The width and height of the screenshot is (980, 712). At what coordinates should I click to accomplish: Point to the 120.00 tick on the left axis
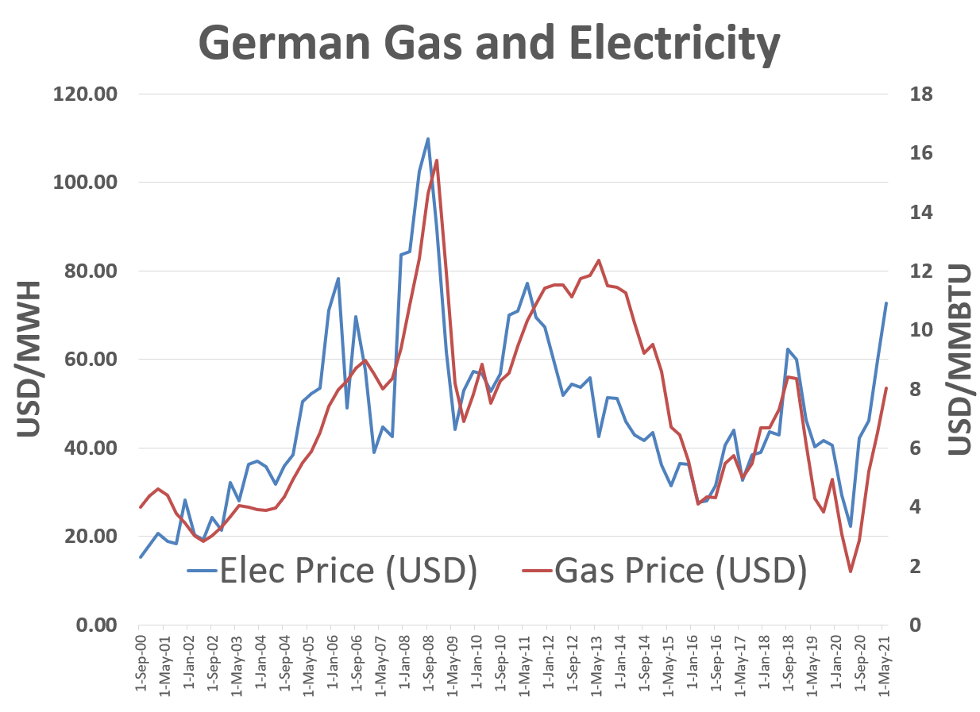click(x=84, y=94)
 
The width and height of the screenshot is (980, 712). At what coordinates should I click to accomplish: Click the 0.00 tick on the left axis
click(x=95, y=625)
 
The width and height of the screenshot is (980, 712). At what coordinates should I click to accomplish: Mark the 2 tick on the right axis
click(x=916, y=566)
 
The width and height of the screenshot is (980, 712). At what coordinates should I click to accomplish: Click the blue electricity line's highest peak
click(x=428, y=139)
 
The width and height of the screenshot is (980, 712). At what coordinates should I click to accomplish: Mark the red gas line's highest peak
click(x=437, y=160)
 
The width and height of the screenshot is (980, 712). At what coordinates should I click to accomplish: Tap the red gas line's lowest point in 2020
click(x=851, y=572)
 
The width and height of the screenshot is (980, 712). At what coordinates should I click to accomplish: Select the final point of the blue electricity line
click(x=886, y=303)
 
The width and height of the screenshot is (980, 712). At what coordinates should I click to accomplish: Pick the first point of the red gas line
click(x=141, y=507)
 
